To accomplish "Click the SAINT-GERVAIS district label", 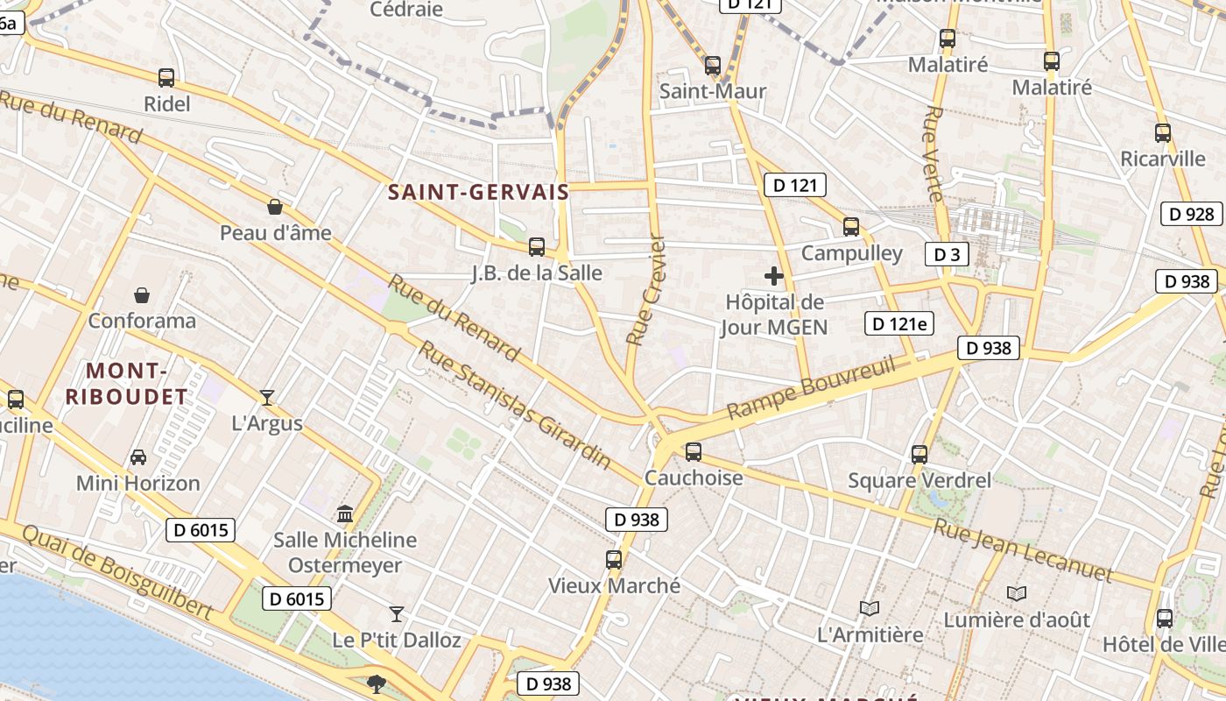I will coord(478,192).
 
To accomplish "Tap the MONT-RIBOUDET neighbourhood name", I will coord(127,383).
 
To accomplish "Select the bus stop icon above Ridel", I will coord(166,78).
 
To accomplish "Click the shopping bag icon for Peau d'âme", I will coord(275,207).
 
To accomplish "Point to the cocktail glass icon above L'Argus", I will coord(267,397).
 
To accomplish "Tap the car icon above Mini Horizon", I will coord(138,457).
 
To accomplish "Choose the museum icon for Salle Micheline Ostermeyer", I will coord(345,513).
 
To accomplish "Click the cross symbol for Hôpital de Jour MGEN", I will coord(774,277).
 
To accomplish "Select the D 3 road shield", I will coord(947,255).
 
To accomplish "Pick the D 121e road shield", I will coord(899,323).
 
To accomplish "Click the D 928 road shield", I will coord(1192,214).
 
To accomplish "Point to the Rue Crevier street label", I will coord(646,289).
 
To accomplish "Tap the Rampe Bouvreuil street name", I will coord(812,386).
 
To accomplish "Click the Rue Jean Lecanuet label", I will coord(1022,551).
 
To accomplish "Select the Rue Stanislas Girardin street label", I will coord(514,405).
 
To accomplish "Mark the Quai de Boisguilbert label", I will coord(117,572).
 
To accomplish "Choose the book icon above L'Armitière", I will coord(870,608).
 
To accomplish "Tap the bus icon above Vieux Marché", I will coord(614,559).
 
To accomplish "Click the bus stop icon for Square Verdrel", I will coord(919,454).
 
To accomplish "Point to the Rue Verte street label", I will coord(934,153).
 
